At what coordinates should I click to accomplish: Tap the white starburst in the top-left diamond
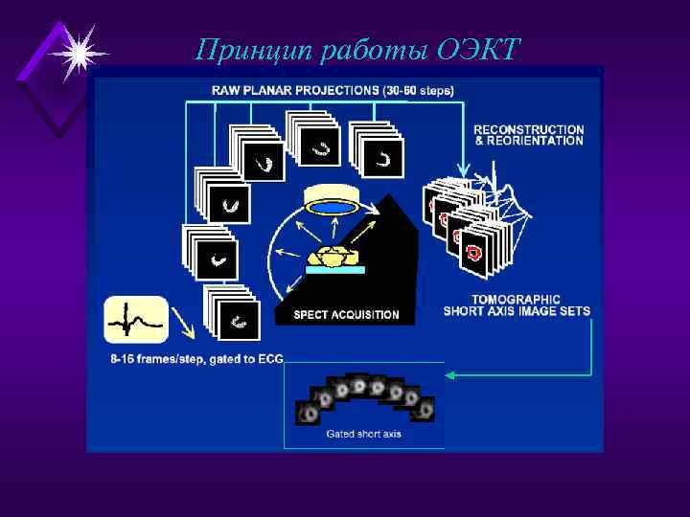[77, 52]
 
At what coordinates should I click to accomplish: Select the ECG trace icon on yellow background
[135, 320]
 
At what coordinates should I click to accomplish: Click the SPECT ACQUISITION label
[346, 315]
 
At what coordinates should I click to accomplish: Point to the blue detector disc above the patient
[331, 206]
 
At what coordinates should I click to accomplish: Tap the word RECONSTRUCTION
[528, 129]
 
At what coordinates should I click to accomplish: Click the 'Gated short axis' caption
[363, 434]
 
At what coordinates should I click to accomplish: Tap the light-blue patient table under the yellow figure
[334, 270]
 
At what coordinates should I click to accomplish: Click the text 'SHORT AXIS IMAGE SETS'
[517, 311]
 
